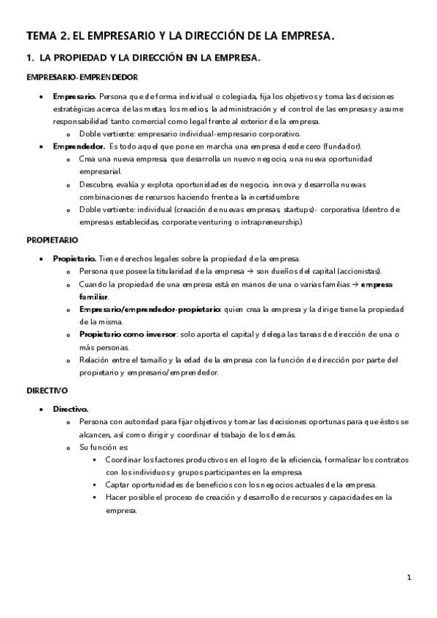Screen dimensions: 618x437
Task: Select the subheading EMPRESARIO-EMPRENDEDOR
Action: [x=82, y=77]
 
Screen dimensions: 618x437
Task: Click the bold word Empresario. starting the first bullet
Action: [x=74, y=96]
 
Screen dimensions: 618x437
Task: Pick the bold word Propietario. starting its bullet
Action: [x=74, y=258]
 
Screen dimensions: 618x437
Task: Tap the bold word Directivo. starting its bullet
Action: [x=70, y=409]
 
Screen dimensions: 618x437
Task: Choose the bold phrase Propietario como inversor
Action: [x=128, y=335]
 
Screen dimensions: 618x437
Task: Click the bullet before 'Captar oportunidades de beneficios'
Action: [x=95, y=485]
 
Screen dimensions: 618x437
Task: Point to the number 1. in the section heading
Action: [x=30, y=57]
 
